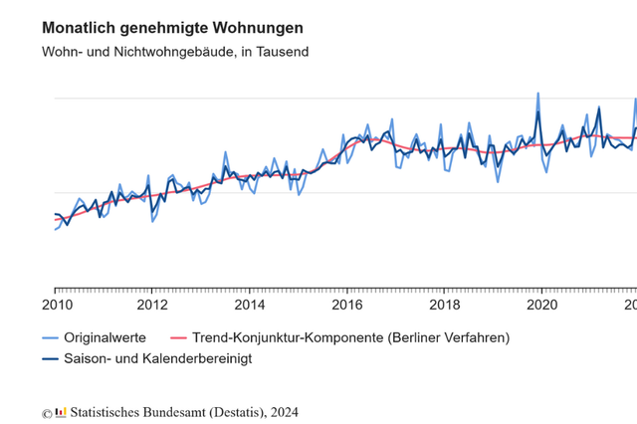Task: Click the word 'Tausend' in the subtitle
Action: click(x=282, y=52)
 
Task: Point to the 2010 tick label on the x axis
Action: click(x=55, y=306)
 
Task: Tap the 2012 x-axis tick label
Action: click(x=151, y=306)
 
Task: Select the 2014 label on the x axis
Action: click(x=249, y=306)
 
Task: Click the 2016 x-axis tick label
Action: click(x=346, y=306)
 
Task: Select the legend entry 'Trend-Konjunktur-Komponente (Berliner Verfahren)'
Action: click(x=350, y=337)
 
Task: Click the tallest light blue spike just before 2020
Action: click(x=537, y=94)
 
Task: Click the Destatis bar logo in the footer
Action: click(x=62, y=411)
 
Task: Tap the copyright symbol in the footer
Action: click(x=46, y=412)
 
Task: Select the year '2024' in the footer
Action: click(x=283, y=411)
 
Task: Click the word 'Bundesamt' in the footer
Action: click(x=169, y=411)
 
